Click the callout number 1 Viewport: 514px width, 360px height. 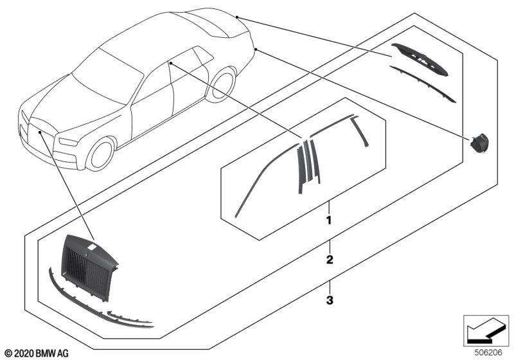(x=328, y=220)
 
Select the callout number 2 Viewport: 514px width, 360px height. (x=330, y=260)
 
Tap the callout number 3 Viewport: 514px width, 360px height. (x=330, y=300)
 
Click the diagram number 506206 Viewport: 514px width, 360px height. (x=488, y=353)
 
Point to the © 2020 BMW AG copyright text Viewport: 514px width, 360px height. (x=37, y=354)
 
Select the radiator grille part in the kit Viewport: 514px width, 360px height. (x=89, y=267)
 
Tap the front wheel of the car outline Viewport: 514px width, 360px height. (x=101, y=154)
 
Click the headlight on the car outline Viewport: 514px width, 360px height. (x=68, y=142)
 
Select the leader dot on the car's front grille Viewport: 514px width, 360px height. (x=40, y=132)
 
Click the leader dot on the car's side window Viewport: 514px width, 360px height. (x=171, y=62)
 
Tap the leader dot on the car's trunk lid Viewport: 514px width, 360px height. (x=236, y=17)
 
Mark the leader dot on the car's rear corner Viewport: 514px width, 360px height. (x=256, y=50)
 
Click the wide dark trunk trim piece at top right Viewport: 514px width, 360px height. (x=421, y=59)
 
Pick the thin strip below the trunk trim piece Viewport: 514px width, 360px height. (x=423, y=84)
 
